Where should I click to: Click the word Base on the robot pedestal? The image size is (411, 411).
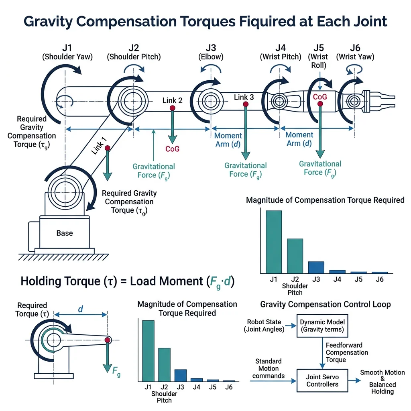(x=64, y=233)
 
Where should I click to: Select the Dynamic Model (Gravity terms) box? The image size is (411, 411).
(x=322, y=326)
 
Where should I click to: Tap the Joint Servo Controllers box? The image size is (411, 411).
(x=322, y=380)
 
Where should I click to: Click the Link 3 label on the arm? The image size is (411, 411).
(x=244, y=97)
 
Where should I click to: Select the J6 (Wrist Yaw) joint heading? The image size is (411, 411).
(x=355, y=52)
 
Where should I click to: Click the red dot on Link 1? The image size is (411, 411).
(x=108, y=148)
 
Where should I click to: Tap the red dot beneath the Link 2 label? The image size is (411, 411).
(x=172, y=108)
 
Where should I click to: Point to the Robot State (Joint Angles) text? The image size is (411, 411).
(x=264, y=326)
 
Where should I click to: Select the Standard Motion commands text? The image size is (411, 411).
(x=269, y=368)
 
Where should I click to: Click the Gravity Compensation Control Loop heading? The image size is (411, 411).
(x=325, y=304)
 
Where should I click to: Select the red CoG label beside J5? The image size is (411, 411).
(x=320, y=97)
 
